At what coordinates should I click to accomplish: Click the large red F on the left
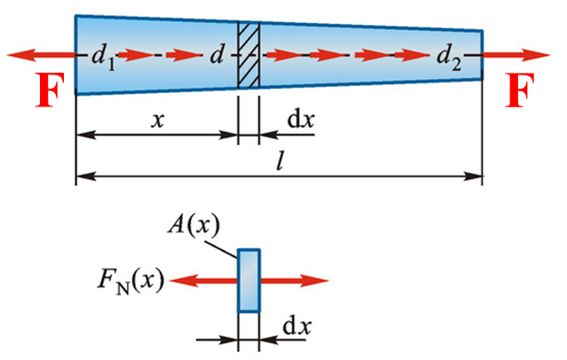pyautogui.click(x=51, y=90)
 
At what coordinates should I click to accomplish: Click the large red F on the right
pyautogui.click(x=520, y=90)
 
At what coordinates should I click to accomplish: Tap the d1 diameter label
pyautogui.click(x=103, y=58)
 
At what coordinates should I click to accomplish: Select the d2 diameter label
pyautogui.click(x=449, y=58)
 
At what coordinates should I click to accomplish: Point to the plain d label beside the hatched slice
pyautogui.click(x=217, y=56)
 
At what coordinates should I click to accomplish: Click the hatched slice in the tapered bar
pyautogui.click(x=248, y=55)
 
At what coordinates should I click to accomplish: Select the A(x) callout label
pyautogui.click(x=193, y=227)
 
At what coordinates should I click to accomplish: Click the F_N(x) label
pyautogui.click(x=131, y=282)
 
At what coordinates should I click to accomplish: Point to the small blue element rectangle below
pyautogui.click(x=248, y=280)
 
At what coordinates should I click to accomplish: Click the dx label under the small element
pyautogui.click(x=296, y=326)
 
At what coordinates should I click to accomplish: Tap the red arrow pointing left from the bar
pyautogui.click(x=41, y=55)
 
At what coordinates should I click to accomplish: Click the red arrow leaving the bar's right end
pyautogui.click(x=516, y=55)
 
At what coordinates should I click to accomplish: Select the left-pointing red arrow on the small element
pyautogui.click(x=203, y=280)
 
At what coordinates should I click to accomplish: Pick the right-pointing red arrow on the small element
pyautogui.click(x=295, y=280)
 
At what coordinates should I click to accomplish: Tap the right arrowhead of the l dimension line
pyautogui.click(x=473, y=176)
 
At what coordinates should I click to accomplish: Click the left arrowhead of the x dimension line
pyautogui.click(x=86, y=135)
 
